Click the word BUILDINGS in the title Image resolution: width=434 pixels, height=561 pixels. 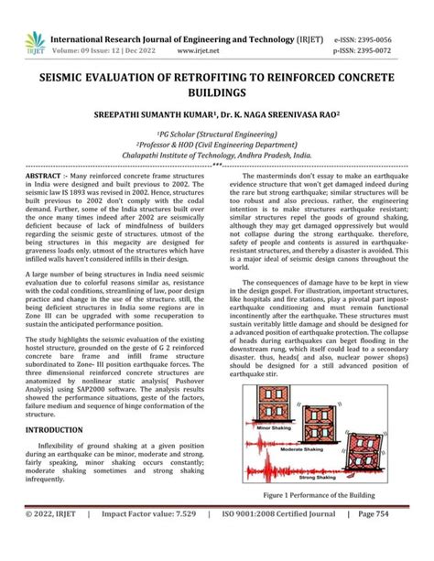click(217, 93)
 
